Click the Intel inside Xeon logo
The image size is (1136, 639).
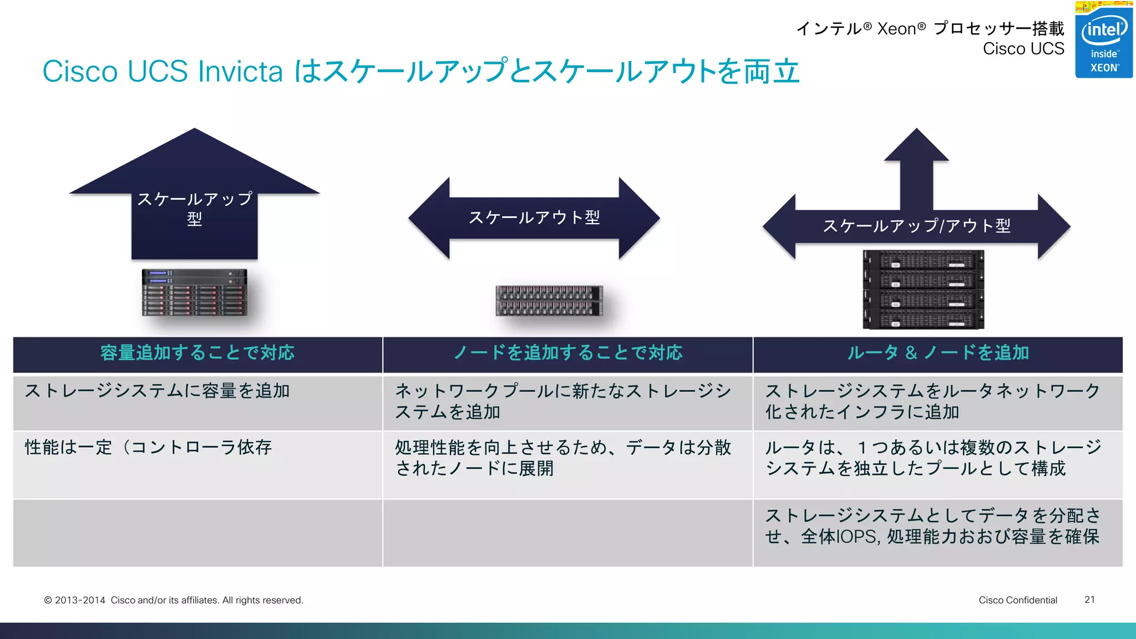tap(1103, 40)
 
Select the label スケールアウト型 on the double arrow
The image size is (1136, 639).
tap(534, 217)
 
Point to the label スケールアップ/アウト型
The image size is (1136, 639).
tap(916, 226)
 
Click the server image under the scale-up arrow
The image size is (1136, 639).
tap(194, 292)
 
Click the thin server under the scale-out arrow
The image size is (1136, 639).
tap(549, 301)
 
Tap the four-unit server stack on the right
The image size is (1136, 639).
tap(923, 289)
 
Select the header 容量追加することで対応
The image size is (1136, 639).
tap(197, 353)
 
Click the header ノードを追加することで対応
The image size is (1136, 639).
tap(567, 353)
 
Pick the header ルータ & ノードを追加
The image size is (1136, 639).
tap(937, 353)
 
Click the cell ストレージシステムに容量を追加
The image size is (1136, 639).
tap(158, 391)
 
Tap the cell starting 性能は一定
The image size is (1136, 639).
tap(148, 447)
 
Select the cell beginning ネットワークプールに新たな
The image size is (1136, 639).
tap(562, 402)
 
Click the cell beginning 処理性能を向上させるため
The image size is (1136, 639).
tap(562, 458)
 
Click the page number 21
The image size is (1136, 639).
tap(1089, 600)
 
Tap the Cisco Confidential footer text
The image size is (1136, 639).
tap(1017, 600)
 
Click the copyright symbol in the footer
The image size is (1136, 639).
tap(48, 600)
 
